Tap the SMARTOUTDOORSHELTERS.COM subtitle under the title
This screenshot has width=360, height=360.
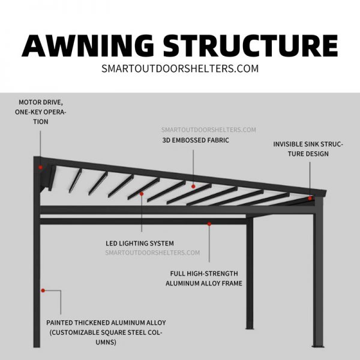[x=180, y=68]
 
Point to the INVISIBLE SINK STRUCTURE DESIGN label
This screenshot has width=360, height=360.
[x=308, y=149]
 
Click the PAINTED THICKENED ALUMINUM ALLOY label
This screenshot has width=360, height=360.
[x=106, y=322]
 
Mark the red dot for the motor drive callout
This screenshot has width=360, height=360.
[x=41, y=167]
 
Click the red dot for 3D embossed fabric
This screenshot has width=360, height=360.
[x=193, y=187]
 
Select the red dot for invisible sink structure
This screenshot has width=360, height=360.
[x=310, y=198]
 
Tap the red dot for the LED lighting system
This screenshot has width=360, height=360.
[x=142, y=194]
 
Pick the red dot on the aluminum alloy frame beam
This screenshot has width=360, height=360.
[x=209, y=224]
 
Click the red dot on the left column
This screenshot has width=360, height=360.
[x=43, y=291]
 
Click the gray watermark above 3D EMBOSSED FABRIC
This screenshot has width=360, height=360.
[x=208, y=130]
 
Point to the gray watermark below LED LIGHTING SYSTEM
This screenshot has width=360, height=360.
[x=152, y=253]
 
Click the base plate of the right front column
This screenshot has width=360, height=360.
[x=317, y=346]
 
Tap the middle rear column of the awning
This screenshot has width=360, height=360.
[x=249, y=276]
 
